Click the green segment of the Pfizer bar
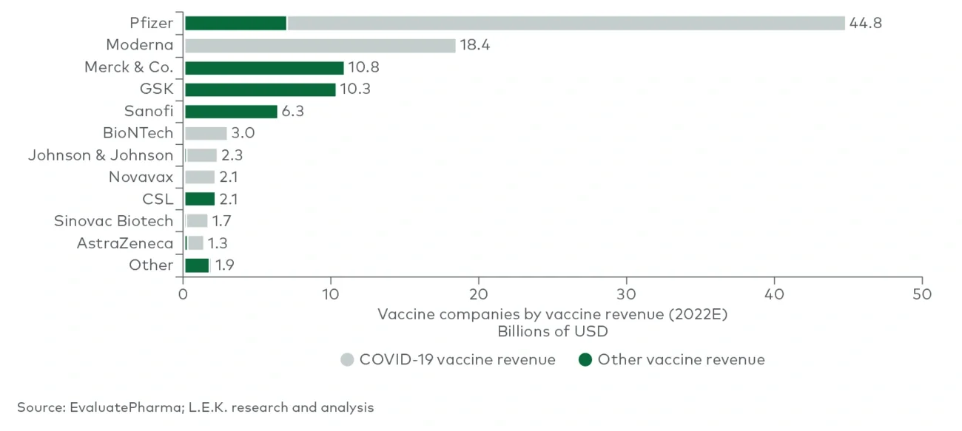235,23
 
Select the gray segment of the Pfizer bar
565,23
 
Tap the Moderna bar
320,45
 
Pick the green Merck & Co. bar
264,67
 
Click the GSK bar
260,89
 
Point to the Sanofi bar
231,112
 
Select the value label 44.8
866,23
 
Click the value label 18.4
474,45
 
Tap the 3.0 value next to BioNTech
243,133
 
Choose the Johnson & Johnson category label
101,155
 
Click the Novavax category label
141,177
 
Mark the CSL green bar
200,199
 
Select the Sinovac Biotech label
113,221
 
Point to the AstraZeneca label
125,243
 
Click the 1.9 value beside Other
224,265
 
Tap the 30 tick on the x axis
627,293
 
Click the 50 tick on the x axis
922,293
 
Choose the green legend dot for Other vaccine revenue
585,360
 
